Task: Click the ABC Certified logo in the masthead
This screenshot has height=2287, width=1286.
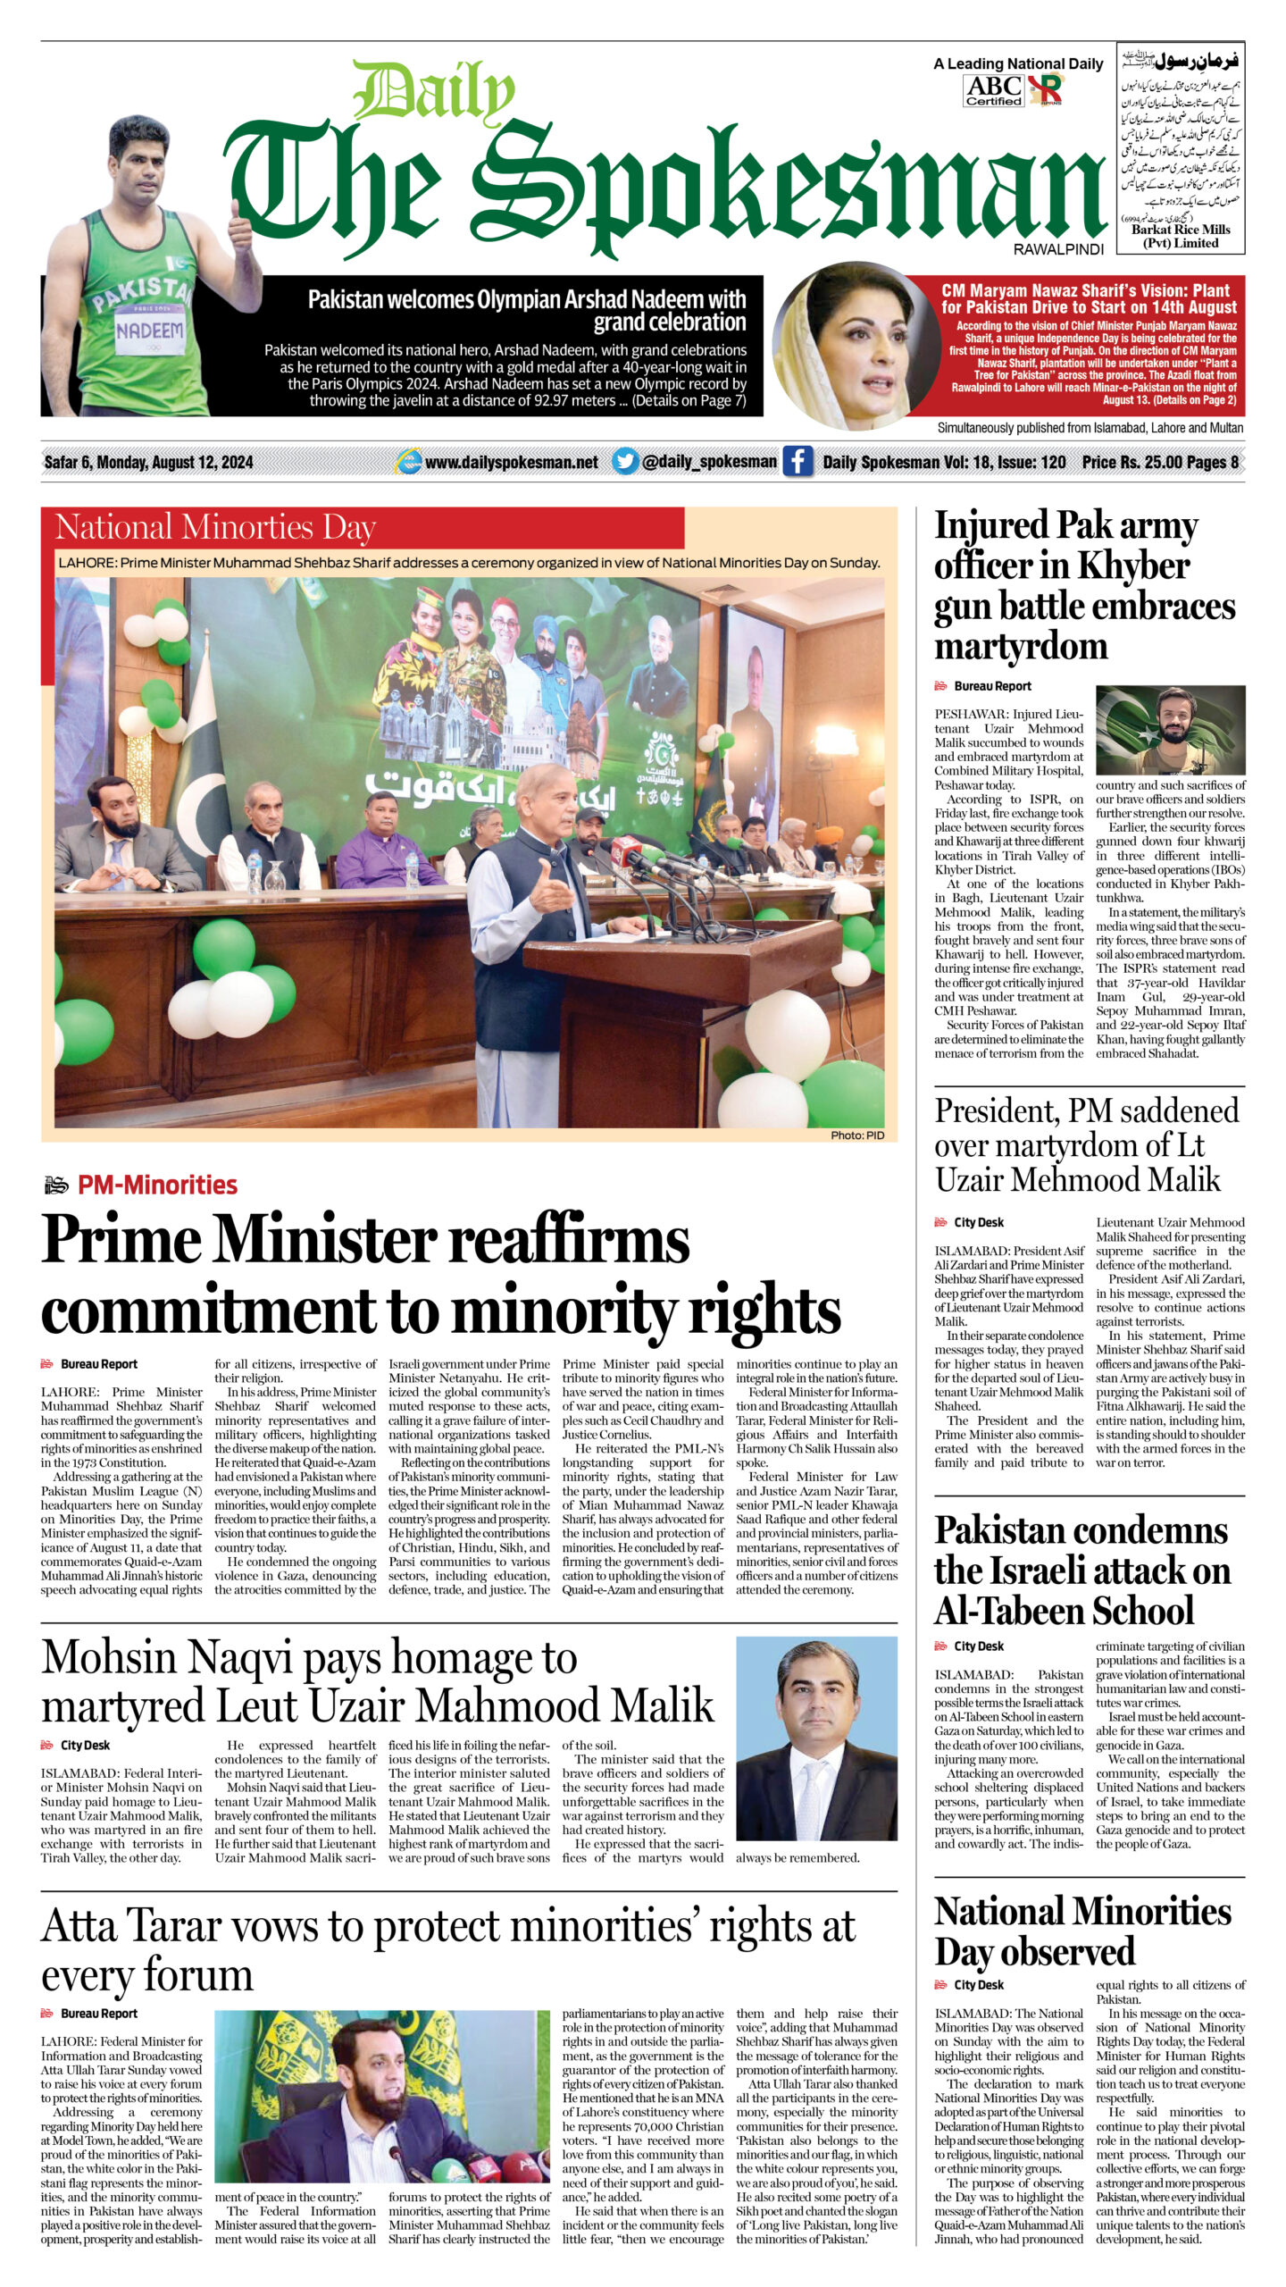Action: pyautogui.click(x=994, y=90)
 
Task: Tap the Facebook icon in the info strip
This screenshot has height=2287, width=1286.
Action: pyautogui.click(x=797, y=462)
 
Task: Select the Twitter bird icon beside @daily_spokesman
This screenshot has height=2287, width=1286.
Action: pyautogui.click(x=625, y=462)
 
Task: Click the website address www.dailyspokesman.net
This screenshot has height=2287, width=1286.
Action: pyautogui.click(x=511, y=462)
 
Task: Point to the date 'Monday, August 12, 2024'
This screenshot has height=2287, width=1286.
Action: pyautogui.click(x=174, y=462)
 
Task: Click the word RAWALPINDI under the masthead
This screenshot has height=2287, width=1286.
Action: pyautogui.click(x=1058, y=250)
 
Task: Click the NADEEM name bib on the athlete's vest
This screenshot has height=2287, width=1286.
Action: pyautogui.click(x=149, y=330)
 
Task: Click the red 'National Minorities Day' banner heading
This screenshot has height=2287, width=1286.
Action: pyautogui.click(x=215, y=527)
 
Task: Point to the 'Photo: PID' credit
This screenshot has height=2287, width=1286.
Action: pyautogui.click(x=857, y=1135)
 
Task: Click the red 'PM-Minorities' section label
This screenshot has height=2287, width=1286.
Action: pyautogui.click(x=157, y=1185)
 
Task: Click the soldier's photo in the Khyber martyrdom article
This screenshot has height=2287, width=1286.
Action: pyautogui.click(x=1170, y=731)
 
